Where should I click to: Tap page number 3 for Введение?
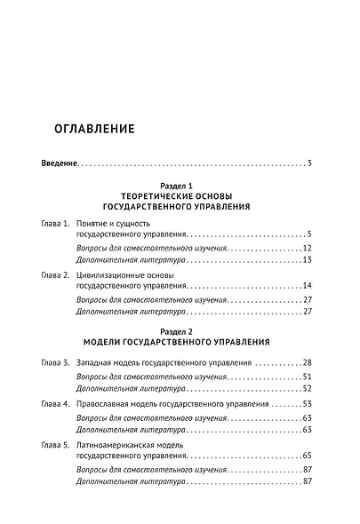click(308, 164)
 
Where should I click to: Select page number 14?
click(305, 288)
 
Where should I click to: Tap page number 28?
click(305, 363)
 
